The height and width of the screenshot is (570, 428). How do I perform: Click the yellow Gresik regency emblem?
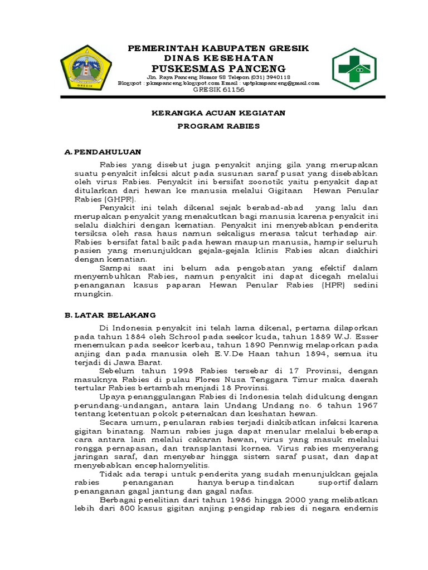85,69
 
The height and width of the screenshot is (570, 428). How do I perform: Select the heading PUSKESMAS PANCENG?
218,68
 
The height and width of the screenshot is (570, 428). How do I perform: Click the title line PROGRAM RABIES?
218,126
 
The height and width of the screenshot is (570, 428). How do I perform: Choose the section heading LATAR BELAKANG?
115,315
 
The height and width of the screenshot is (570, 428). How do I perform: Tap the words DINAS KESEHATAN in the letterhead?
218,58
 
